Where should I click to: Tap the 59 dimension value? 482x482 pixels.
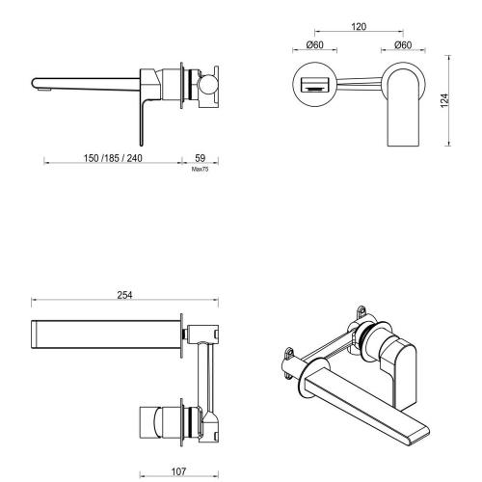coord(201,157)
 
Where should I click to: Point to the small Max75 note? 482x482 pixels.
coord(201,168)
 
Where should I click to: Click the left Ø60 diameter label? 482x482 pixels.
coord(314,44)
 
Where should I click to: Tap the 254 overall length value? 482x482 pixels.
coord(124,295)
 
